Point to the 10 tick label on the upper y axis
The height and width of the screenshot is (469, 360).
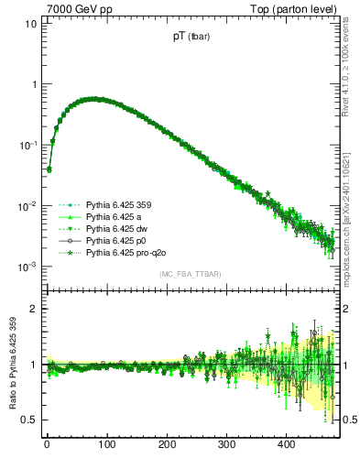tap(29, 23)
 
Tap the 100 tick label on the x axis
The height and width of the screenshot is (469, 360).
tap(106, 444)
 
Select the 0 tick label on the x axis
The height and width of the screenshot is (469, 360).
tap(47, 444)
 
